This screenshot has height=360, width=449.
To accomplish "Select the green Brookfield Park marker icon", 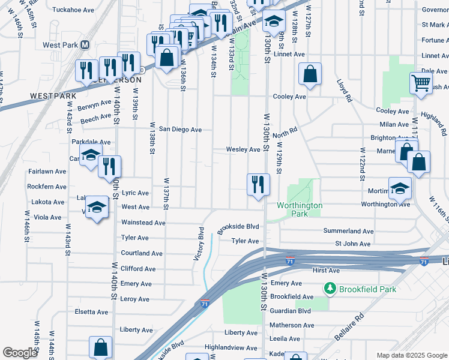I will (x=330, y=289).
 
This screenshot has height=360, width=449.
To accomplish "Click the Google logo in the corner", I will (x=20, y=353).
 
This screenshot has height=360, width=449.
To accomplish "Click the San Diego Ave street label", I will (x=179, y=130).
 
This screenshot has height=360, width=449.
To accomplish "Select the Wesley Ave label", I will (x=243, y=149).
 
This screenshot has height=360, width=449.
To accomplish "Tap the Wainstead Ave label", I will (x=143, y=223).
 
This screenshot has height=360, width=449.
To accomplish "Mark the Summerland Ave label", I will (x=349, y=231).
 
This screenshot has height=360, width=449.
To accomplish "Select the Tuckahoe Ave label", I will (x=73, y=10).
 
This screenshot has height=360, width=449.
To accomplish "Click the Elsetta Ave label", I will (x=91, y=312).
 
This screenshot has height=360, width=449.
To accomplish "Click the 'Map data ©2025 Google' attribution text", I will (x=411, y=355).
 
